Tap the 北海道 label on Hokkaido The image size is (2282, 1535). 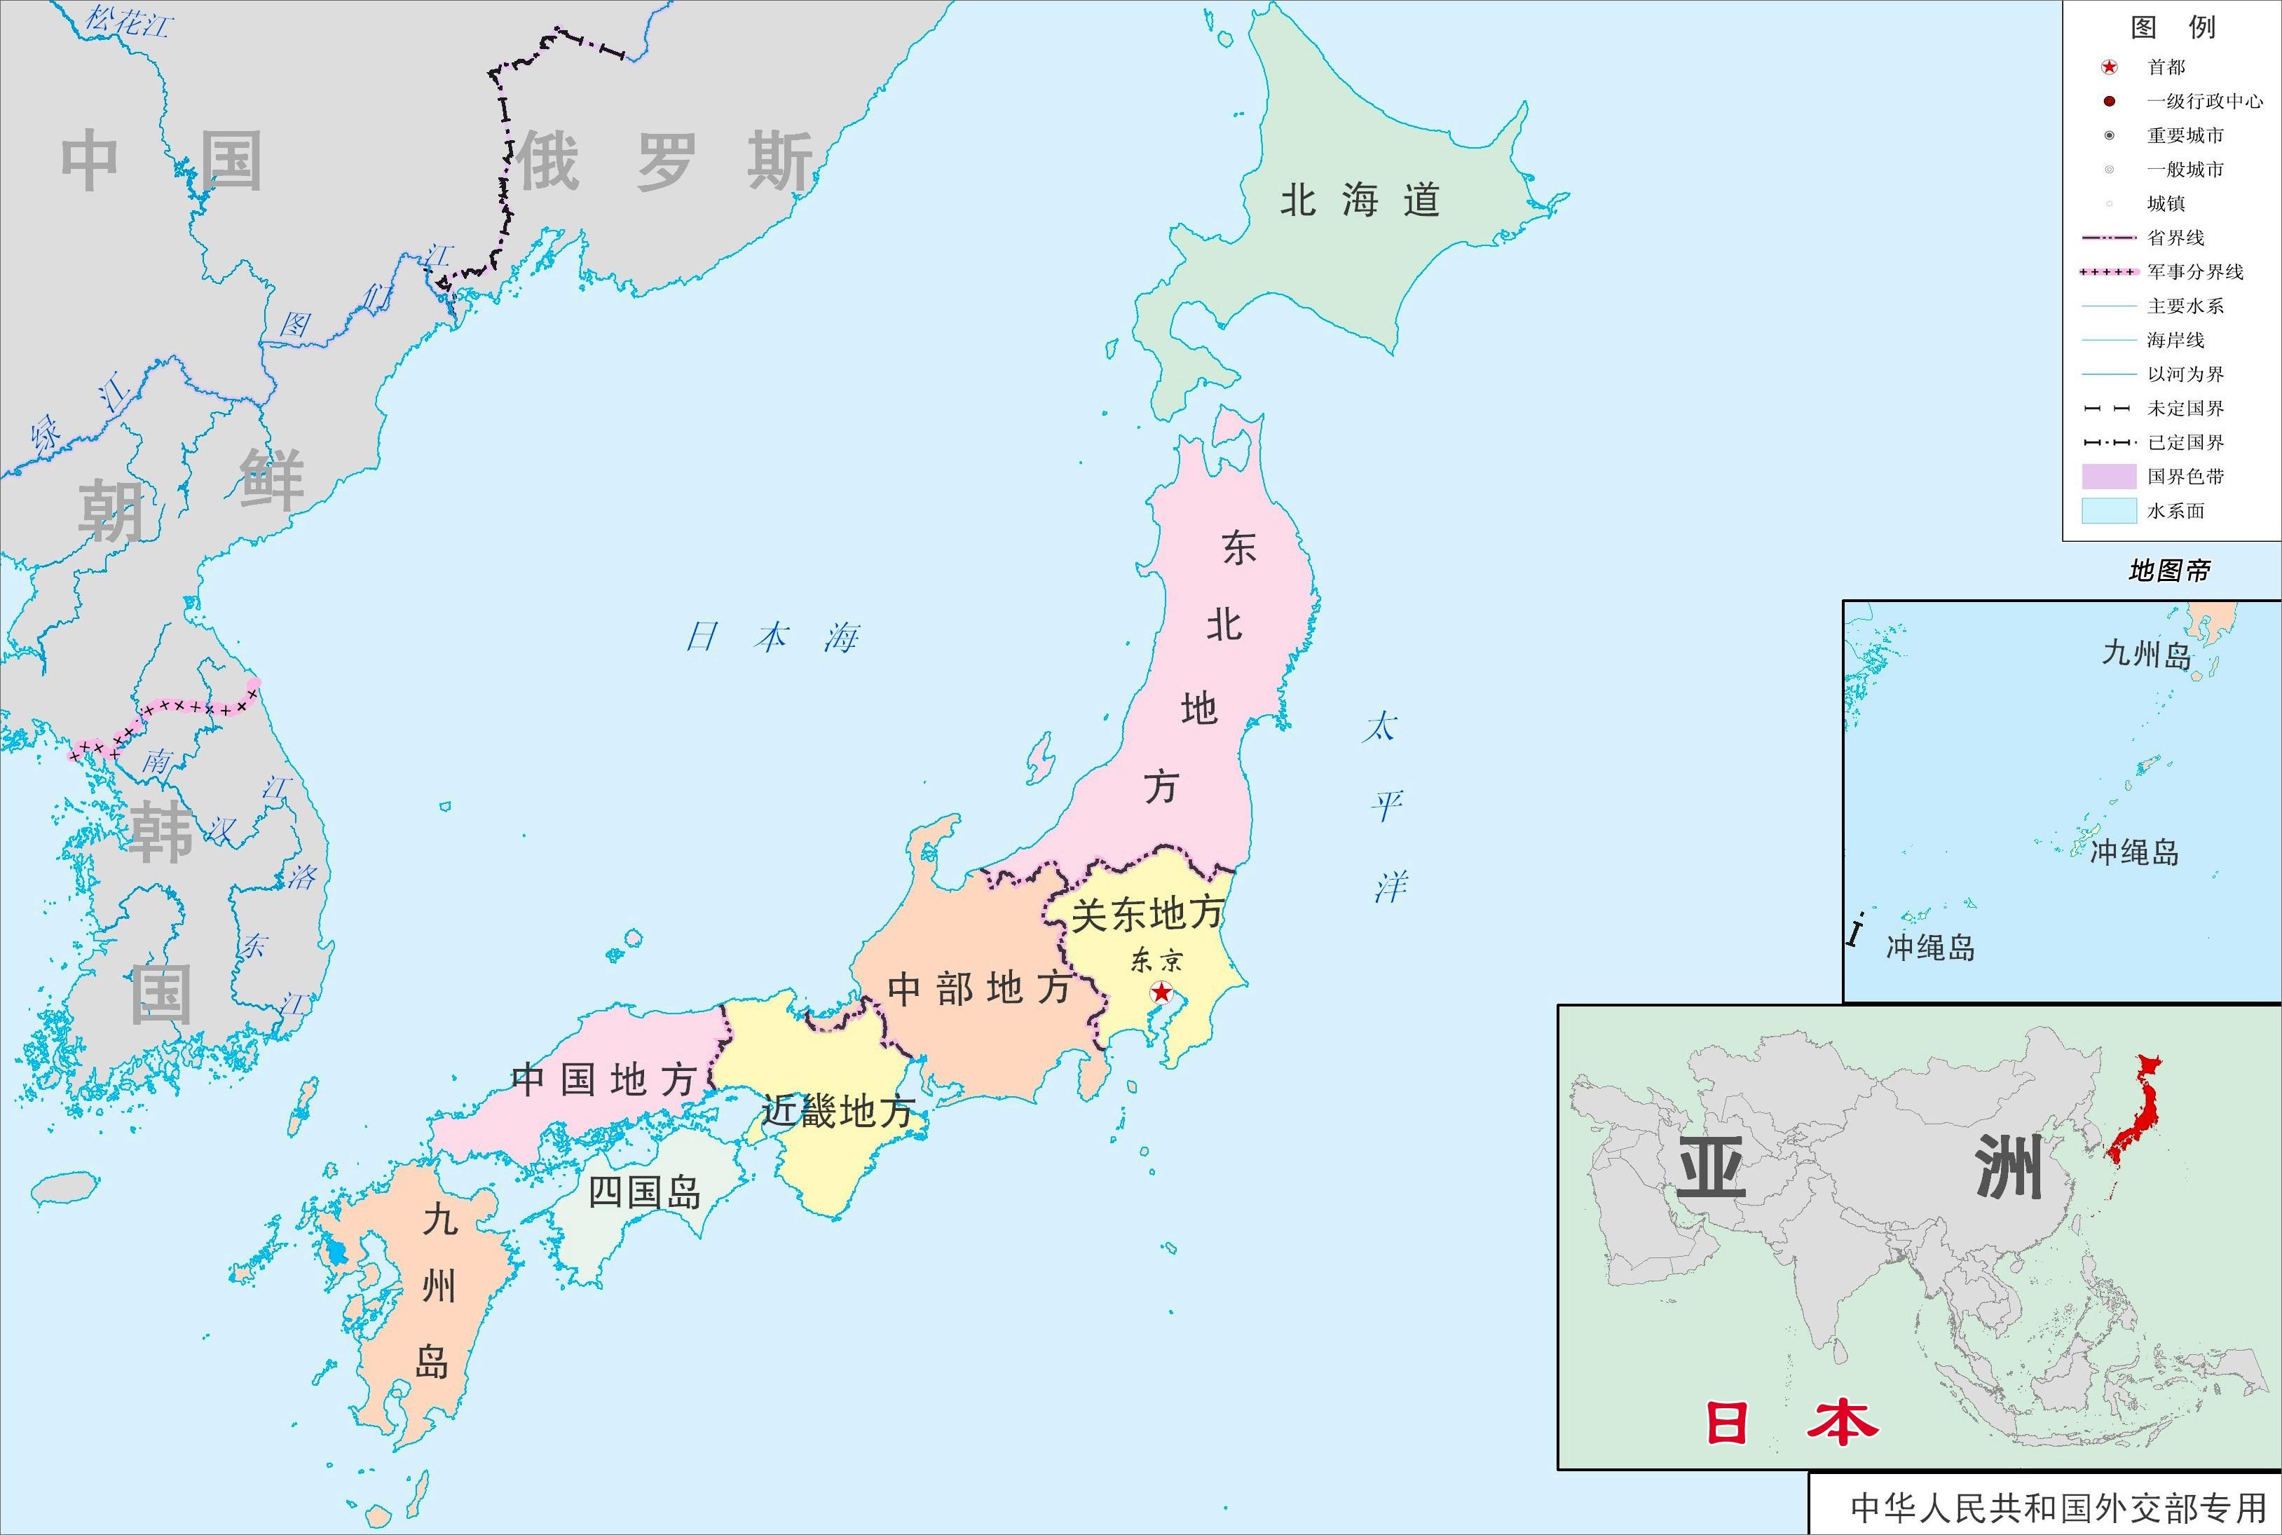click(1360, 200)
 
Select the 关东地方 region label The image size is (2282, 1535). click(1147, 913)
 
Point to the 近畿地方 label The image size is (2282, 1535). click(838, 1111)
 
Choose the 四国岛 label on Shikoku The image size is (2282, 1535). click(645, 1192)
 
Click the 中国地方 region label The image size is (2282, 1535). click(603, 1080)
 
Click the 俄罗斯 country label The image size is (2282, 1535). click(666, 161)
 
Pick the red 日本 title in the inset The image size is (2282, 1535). click(1791, 1422)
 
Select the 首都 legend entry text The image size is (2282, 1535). click(2166, 67)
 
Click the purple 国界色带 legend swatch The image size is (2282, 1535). click(2109, 477)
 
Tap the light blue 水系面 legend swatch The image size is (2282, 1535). click(2109, 511)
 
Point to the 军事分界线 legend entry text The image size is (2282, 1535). click(2195, 272)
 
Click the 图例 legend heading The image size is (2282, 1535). click(2173, 27)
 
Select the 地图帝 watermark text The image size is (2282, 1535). click(2169, 571)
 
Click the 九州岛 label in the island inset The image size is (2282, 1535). click(2146, 654)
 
